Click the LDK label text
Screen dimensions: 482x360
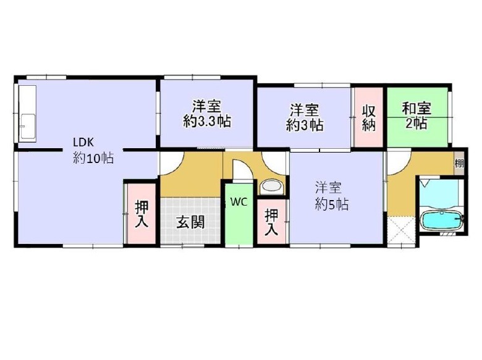83,142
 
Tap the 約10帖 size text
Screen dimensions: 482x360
93,158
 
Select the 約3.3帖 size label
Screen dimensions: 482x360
207,122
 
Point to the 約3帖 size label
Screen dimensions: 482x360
304,125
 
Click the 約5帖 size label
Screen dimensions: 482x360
332,204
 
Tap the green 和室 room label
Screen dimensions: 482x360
417,109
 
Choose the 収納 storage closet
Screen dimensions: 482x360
368,117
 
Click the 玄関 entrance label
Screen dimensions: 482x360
190,222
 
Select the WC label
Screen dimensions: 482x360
239,202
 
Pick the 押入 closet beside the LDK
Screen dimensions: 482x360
142,214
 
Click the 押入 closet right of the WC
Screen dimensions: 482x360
272,222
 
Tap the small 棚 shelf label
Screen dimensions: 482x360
459,163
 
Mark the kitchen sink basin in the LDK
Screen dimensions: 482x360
28,126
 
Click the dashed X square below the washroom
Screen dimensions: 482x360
402,231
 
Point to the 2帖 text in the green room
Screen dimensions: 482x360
416,123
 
